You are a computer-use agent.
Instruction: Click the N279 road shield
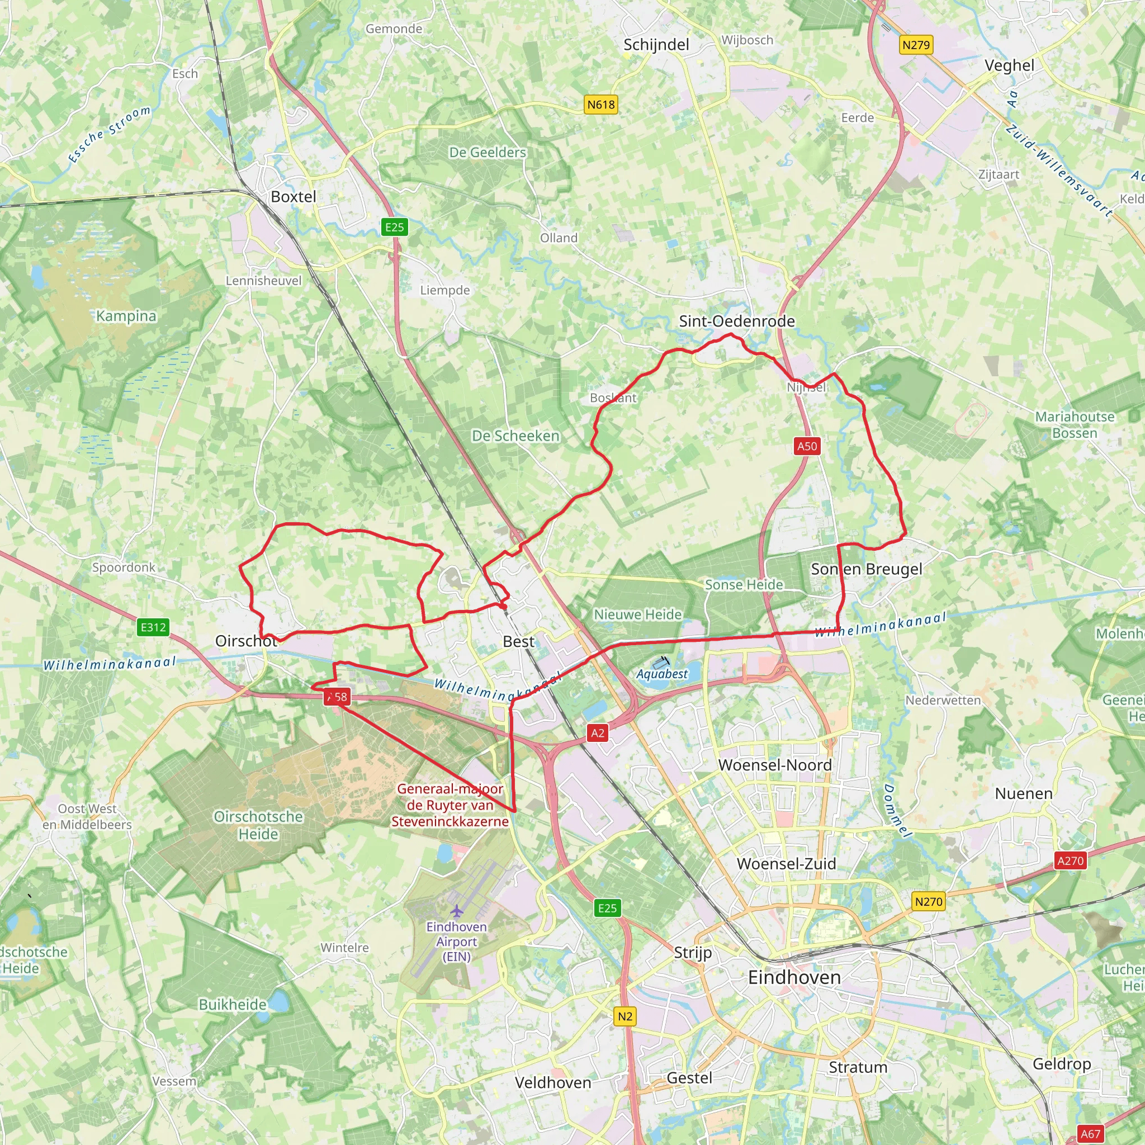[916, 45]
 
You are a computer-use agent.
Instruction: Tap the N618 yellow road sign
[601, 105]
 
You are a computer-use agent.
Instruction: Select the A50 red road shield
[807, 446]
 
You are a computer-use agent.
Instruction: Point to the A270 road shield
[1070, 860]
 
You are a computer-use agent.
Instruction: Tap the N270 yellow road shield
[928, 901]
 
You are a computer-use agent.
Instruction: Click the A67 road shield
[1090, 1134]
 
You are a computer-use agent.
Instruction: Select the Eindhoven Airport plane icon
[456, 910]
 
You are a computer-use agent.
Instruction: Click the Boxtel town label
[294, 197]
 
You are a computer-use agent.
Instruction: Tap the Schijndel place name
[656, 45]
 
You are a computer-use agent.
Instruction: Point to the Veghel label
[1009, 65]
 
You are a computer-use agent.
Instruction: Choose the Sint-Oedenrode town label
[737, 321]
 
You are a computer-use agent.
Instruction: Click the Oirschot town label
[246, 641]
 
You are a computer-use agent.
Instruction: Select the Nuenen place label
[1024, 793]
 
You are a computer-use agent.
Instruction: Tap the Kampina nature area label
[126, 316]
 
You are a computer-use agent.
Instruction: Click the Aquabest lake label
[662, 674]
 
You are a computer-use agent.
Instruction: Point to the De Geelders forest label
[487, 152]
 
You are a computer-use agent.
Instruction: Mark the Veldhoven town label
[553, 1083]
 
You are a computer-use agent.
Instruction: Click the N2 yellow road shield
[624, 1016]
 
